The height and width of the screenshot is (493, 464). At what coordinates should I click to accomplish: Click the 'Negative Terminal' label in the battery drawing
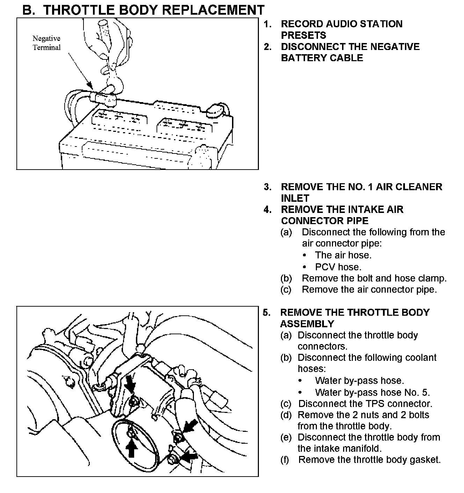tap(46, 43)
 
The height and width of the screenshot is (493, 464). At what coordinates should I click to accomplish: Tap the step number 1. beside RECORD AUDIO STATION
tap(267, 24)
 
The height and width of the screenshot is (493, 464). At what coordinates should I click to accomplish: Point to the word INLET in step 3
tap(295, 198)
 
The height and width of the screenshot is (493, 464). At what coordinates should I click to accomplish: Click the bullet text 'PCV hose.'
tap(338, 267)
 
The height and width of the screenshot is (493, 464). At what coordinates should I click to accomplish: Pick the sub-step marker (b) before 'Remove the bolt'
tap(286, 278)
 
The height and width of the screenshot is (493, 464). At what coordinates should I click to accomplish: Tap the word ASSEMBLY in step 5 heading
tap(307, 323)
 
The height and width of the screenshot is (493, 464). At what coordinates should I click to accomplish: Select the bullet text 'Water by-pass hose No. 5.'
tap(372, 392)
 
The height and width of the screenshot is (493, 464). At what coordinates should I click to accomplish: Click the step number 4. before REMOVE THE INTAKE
tap(267, 210)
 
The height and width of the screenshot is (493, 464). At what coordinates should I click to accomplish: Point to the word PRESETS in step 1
tap(303, 35)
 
